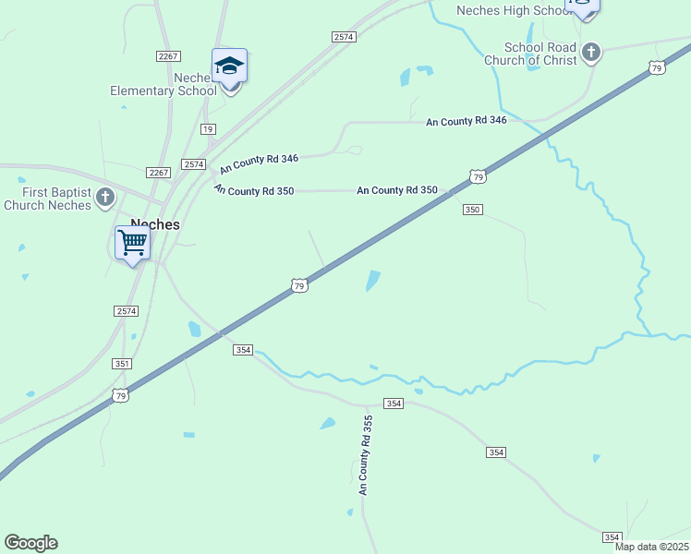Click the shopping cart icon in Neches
pos(133,243)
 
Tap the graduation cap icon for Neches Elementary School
pos(229,66)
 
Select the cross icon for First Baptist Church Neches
pos(105,197)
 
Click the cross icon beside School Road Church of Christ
pos(591,53)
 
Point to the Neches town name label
pos(155,223)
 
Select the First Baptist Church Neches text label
pos(48,199)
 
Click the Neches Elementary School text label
pos(164,84)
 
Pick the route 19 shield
pos(208,129)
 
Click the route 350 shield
pos(472,210)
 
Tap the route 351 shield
pos(122,364)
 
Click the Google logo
pos(30,543)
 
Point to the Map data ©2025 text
pos(651,547)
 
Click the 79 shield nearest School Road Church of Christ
pos(656,68)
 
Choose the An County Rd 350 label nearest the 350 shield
pos(397,190)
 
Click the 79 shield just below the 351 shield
pos(119,395)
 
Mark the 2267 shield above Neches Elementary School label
pos(168,56)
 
